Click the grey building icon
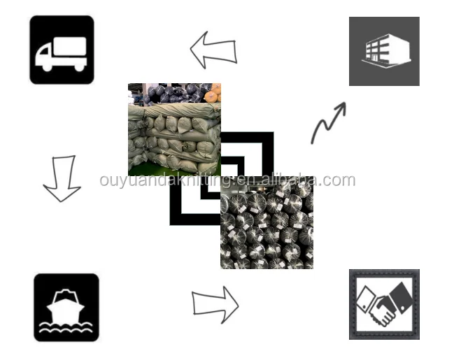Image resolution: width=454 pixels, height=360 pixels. coord(384,51)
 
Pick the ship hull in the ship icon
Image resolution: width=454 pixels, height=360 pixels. coord(66,312)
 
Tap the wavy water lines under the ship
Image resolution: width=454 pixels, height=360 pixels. coord(66,329)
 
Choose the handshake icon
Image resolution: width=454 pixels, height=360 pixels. coord(384,304)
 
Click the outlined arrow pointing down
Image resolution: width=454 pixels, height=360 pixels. coord(62,179)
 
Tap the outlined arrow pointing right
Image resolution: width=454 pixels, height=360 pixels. coord(215,305)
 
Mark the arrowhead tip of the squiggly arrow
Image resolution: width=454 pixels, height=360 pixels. coord(344,103)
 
